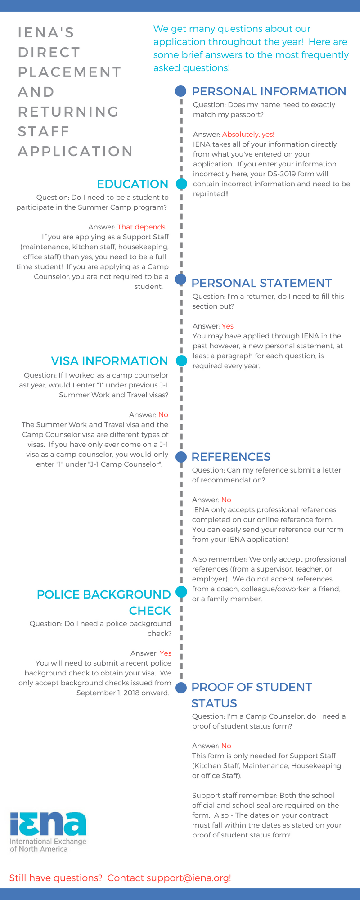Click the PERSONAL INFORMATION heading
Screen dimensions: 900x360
(269, 91)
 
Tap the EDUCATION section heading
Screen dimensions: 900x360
(132, 184)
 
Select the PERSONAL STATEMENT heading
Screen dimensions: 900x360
(261, 283)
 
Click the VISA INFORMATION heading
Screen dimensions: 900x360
(109, 361)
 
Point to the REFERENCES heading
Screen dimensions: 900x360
(231, 457)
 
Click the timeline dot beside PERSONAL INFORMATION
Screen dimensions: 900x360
(181, 91)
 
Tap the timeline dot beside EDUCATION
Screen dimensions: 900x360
(181, 184)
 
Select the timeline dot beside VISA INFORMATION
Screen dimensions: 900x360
(181, 360)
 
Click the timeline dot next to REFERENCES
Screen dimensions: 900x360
(181, 457)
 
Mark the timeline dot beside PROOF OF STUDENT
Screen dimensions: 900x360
(181, 688)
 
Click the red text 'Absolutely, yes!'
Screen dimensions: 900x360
(248, 135)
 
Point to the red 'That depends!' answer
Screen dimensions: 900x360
(142, 227)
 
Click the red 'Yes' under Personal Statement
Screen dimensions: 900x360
(228, 326)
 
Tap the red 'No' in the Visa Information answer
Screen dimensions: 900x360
(163, 415)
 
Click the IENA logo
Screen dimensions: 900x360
(48, 832)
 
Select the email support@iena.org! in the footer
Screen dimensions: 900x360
(189, 878)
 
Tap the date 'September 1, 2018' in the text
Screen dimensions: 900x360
(107, 693)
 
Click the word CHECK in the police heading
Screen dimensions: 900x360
(150, 611)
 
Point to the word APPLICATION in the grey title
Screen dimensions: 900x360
(75, 151)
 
